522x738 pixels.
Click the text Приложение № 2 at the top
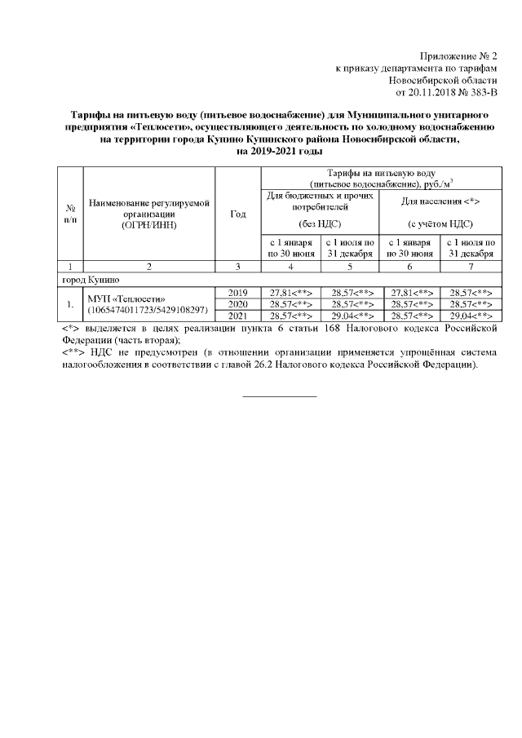pyautogui.click(x=458, y=55)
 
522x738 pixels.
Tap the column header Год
pyautogui.click(x=238, y=214)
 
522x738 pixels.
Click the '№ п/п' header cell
pyautogui.click(x=71, y=214)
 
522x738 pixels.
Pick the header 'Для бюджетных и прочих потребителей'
pyautogui.click(x=321, y=201)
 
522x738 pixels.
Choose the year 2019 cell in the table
pyautogui.click(x=238, y=292)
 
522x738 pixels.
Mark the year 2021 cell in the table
pyautogui.click(x=238, y=316)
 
